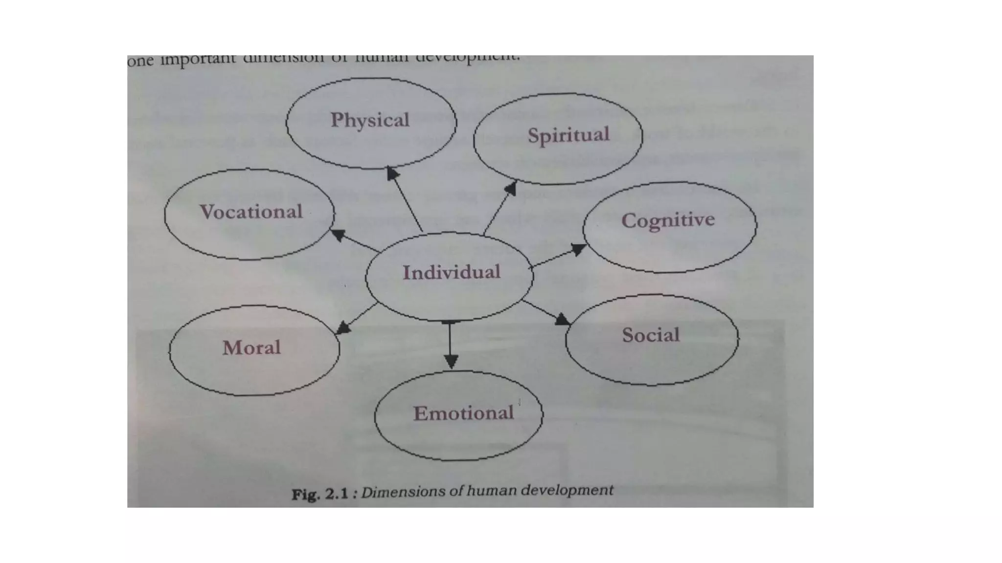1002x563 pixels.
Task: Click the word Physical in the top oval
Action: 370,120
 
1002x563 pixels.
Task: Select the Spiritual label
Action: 569,135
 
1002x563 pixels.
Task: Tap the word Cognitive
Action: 668,220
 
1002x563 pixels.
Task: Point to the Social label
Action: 651,335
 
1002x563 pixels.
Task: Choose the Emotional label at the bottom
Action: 463,413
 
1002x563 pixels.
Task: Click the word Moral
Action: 251,348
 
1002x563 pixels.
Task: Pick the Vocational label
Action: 251,212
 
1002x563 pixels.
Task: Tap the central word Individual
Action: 451,272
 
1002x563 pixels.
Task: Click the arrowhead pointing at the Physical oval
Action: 392,173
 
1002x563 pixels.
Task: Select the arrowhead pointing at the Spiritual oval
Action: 511,188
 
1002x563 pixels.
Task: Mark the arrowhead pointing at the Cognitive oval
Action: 579,249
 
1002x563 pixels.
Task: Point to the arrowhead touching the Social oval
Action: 563,320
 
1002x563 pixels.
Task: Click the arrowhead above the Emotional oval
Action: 451,361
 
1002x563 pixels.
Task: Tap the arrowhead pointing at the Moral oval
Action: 343,328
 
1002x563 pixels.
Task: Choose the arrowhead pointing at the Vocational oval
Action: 338,235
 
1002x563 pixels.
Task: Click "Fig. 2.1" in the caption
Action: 320,495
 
